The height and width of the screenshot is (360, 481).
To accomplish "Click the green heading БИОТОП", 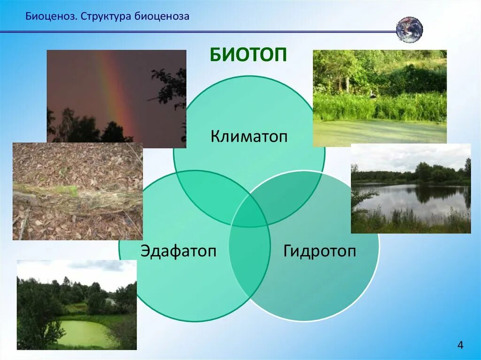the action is pos(248,55).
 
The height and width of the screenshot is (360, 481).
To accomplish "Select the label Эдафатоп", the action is pos(178,251).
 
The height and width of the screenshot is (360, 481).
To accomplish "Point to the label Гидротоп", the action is pos(319,251).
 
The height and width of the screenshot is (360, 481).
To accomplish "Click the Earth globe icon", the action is pos(410,30).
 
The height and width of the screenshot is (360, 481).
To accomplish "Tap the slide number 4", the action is pos(460,345).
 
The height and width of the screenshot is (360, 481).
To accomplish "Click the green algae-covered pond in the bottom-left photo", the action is pos(85,333).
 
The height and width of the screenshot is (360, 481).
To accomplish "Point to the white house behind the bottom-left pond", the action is pos(110,301).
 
